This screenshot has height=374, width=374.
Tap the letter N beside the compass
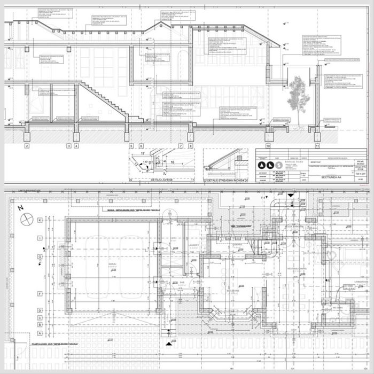19,208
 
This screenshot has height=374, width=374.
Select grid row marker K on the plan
40,220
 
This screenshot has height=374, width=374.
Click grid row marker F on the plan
40,294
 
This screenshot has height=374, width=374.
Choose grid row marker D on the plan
40,310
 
